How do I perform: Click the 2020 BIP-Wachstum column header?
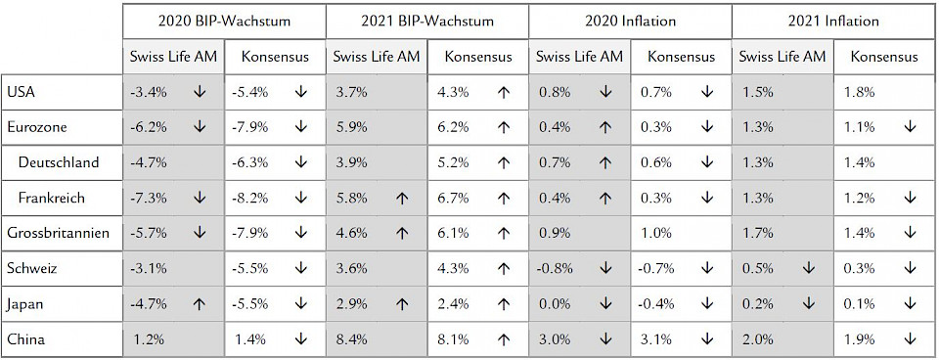225,20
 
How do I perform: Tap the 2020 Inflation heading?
631,20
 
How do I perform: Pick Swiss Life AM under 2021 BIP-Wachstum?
378,57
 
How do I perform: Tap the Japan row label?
25,304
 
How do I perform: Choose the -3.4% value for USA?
148,92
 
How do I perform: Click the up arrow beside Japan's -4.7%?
200,304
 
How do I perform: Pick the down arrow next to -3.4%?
200,92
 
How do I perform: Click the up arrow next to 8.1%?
504,339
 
